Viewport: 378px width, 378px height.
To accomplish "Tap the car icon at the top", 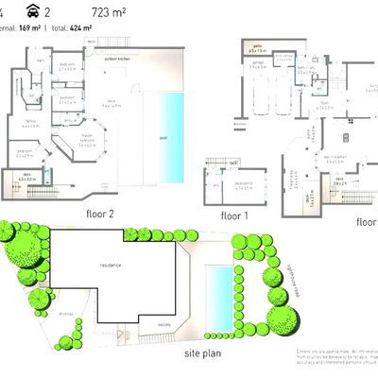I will tap(33, 12).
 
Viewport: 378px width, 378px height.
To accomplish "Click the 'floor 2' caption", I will tap(99, 214).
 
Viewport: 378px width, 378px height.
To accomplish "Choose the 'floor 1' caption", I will tap(233, 215).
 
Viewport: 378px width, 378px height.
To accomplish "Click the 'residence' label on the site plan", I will tap(112, 265).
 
